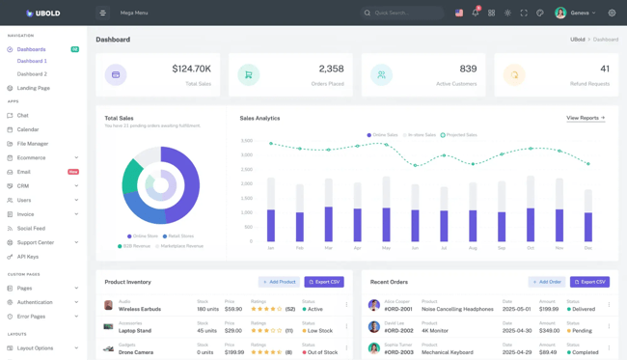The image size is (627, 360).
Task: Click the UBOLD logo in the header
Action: tap(42, 14)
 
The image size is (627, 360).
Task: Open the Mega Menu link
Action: tap(134, 14)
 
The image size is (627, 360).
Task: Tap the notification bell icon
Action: tap(475, 14)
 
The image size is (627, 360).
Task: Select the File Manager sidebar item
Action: tap(33, 144)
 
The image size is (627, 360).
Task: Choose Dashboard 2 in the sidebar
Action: tap(32, 73)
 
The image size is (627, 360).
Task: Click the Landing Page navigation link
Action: tap(34, 88)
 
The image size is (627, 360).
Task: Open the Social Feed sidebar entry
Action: tap(31, 229)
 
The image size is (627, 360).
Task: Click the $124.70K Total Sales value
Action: tap(191, 69)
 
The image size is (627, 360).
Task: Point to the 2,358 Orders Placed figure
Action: tap(331, 69)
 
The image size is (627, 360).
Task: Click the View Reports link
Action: tap(586, 118)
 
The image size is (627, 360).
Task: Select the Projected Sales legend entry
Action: tap(461, 135)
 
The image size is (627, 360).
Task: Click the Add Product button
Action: tap(279, 282)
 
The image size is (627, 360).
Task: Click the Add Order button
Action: tap(546, 282)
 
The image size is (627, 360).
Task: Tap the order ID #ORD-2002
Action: tap(398, 331)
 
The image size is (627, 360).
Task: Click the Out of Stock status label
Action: tap(321, 352)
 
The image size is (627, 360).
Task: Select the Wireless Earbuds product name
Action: tap(140, 310)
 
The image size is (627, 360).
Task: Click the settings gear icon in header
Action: tap(612, 14)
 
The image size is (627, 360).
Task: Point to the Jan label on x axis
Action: tap(270, 248)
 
